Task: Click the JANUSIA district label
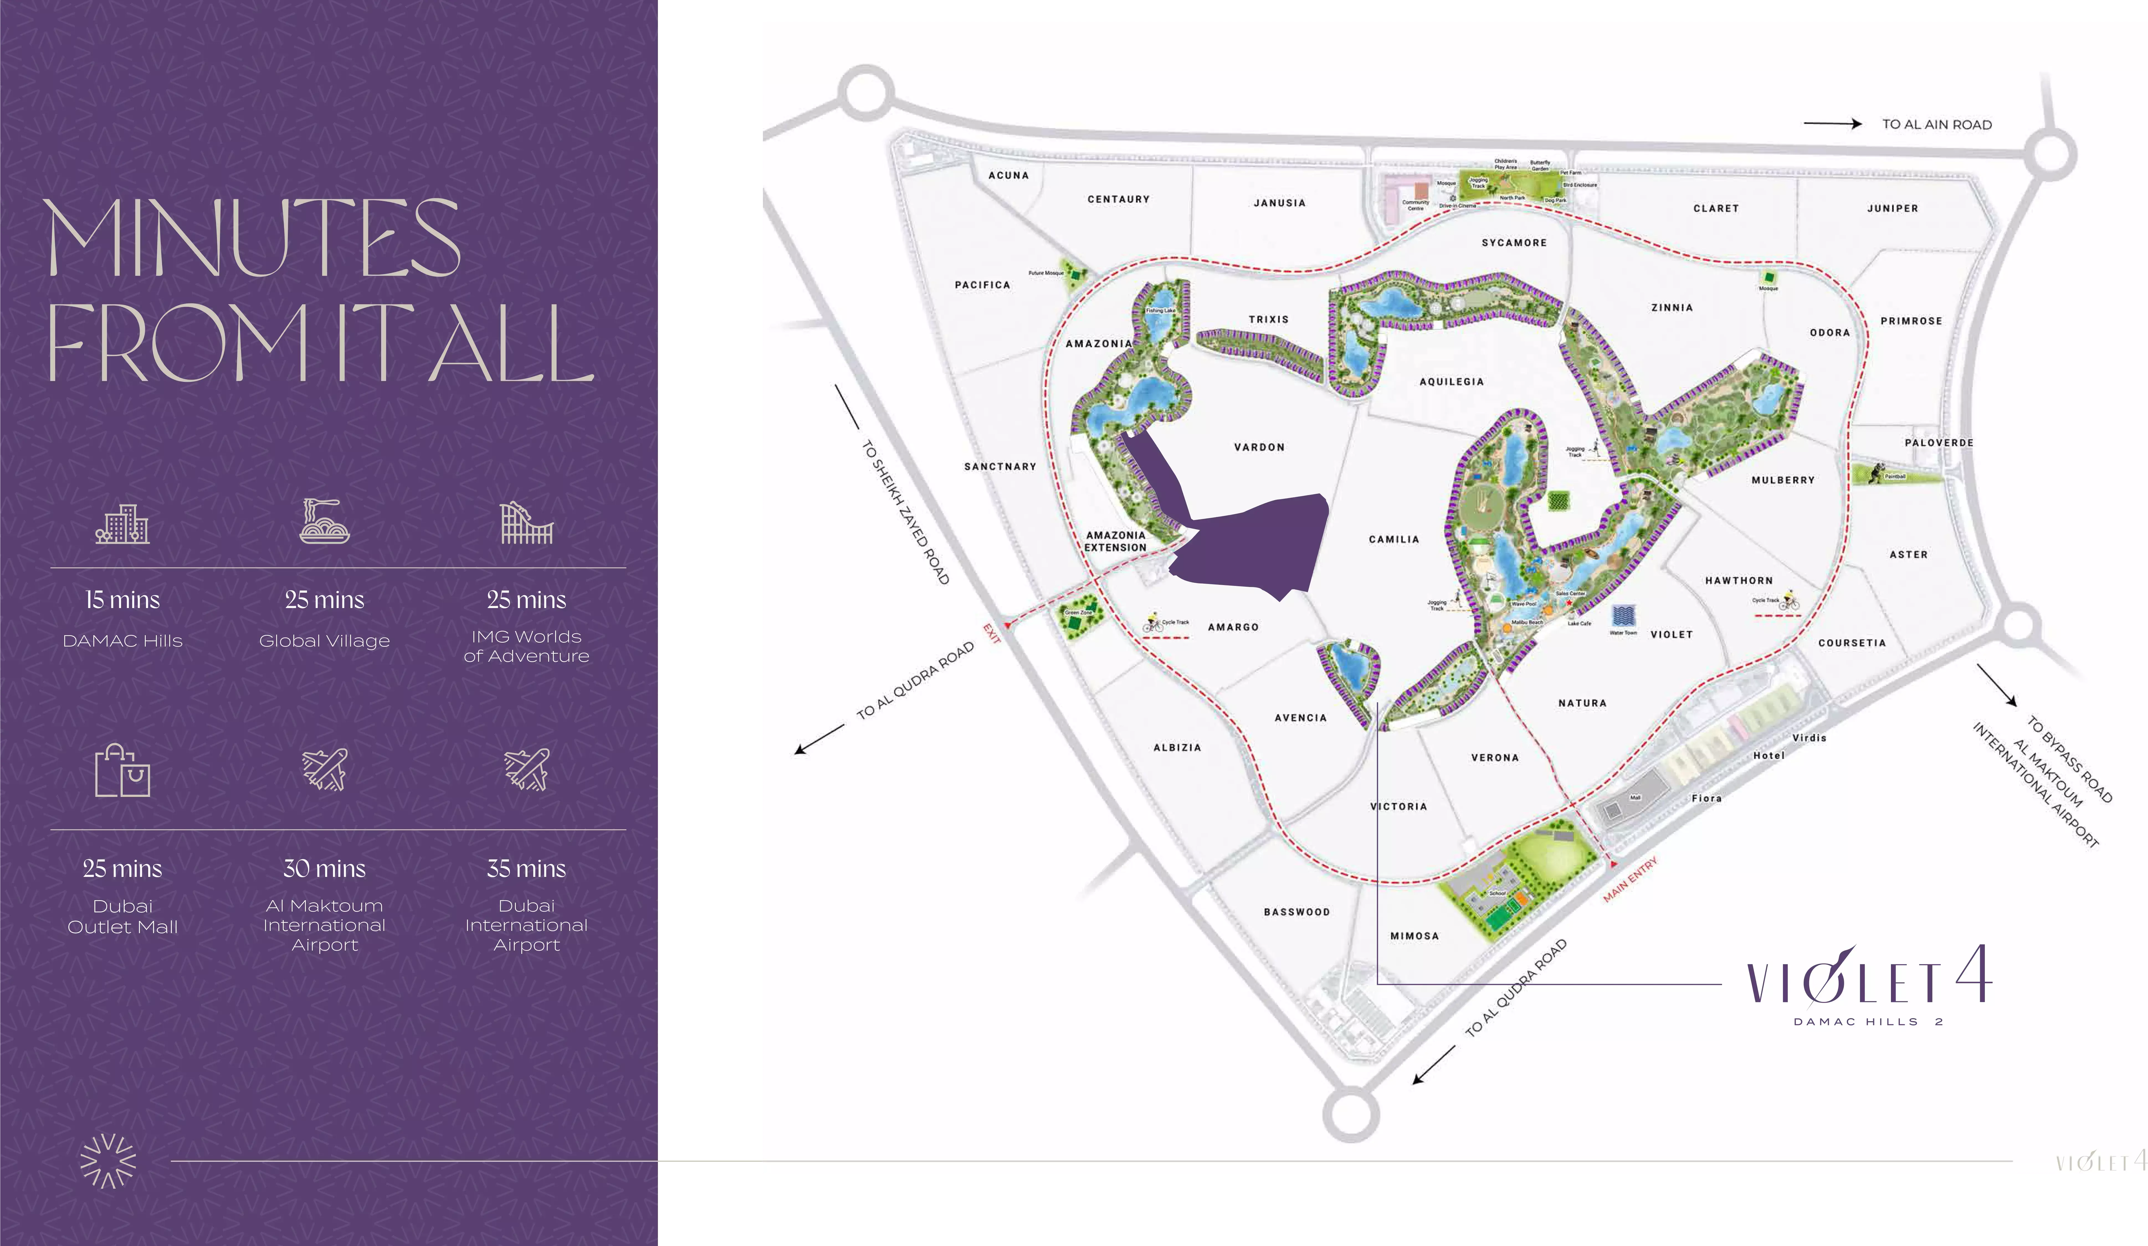[1278, 203]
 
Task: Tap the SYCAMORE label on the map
[1514, 243]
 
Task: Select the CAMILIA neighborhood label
[1394, 539]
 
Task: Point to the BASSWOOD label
[1296, 912]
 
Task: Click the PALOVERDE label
[1938, 443]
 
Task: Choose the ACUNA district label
[1008, 176]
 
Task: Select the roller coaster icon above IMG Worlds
[526, 522]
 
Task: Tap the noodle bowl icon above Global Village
[324, 522]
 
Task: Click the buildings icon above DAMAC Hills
[122, 523]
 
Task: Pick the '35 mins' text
[526, 868]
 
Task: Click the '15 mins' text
[122, 600]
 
